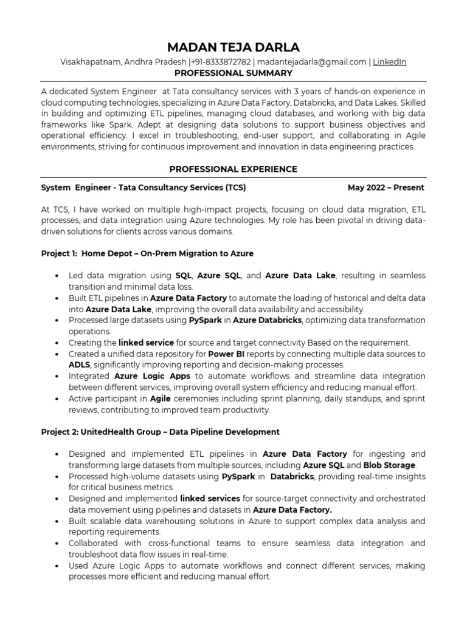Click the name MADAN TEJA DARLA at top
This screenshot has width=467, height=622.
pos(233,47)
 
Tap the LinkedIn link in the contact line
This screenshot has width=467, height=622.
pos(389,62)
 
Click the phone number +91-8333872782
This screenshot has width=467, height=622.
pos(220,62)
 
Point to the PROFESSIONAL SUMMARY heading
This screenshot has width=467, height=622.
pos(233,73)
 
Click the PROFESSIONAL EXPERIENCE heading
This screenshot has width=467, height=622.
pos(233,169)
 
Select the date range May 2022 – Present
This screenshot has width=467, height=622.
pos(386,188)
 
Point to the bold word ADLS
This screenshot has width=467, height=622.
pos(79,364)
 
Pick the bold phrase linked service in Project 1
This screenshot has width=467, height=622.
pos(146,343)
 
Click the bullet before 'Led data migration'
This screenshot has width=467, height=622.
pos(57,276)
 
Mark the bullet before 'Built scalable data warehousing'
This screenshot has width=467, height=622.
pos(57,521)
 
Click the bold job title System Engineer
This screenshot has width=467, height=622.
pos(75,188)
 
